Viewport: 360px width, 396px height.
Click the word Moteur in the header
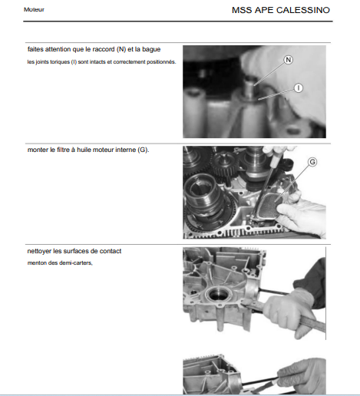34,9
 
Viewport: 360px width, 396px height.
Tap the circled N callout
289,60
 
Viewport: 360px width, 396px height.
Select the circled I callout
299,88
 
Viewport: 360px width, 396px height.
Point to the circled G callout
312,162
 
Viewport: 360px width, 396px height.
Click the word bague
151,49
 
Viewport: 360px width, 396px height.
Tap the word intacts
97,62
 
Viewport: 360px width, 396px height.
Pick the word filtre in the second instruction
63,150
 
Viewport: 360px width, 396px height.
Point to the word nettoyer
39,251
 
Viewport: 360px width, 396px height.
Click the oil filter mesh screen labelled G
267,206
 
